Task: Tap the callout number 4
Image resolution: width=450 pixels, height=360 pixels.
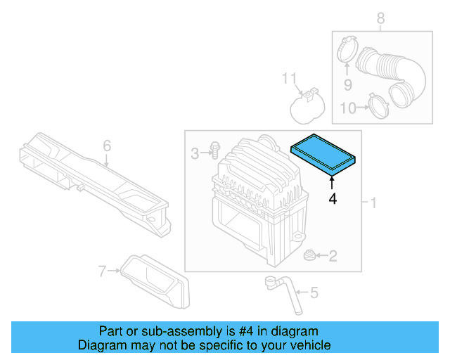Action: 333,200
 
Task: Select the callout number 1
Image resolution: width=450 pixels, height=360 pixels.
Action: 373,203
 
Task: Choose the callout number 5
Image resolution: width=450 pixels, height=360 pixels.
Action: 314,292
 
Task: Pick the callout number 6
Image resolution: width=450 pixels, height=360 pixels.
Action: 107,146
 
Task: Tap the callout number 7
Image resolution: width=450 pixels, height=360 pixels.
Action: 103,271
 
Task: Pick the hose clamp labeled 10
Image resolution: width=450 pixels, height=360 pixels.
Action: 379,107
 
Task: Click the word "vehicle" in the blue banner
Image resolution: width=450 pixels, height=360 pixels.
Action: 308,345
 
